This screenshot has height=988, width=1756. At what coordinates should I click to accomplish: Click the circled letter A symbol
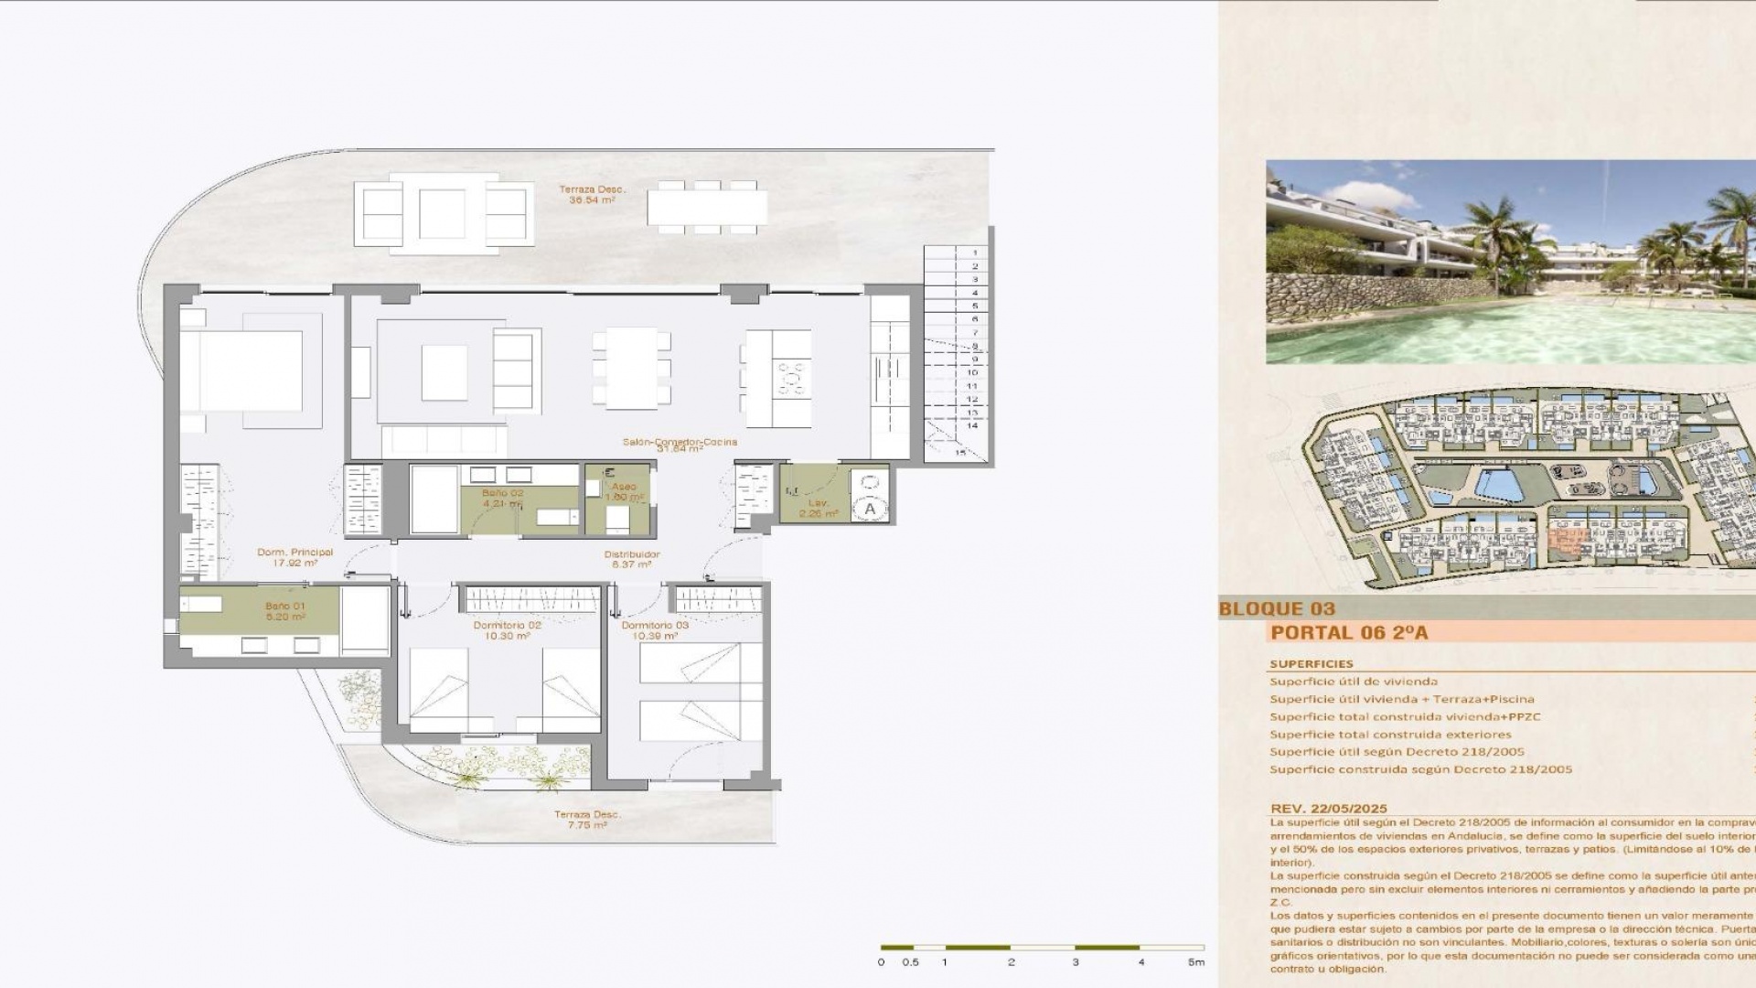pos(870,509)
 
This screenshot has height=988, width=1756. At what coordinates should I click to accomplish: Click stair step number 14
pos(972,425)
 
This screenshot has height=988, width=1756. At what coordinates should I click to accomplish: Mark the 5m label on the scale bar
pos(1196,962)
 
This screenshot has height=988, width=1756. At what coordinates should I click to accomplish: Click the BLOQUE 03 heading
pos(1277,609)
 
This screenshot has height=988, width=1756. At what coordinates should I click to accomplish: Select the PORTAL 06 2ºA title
pos(1349,632)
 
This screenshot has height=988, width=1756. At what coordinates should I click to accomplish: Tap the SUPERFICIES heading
pos(1311,664)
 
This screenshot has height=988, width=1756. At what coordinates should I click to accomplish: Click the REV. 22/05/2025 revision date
pos(1328,809)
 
